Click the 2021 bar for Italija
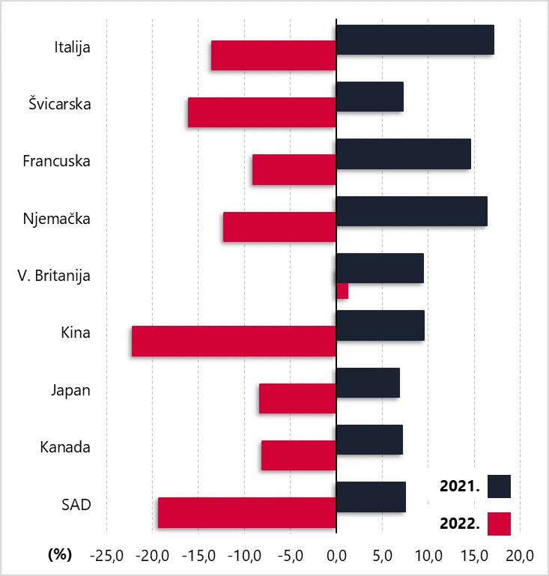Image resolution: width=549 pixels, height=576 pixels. [415, 40]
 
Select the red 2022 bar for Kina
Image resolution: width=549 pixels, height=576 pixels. [234, 342]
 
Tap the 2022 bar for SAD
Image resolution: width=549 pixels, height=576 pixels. [247, 512]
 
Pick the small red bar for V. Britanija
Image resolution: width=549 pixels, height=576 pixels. [342, 291]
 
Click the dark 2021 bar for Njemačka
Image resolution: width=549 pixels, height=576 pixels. [412, 211]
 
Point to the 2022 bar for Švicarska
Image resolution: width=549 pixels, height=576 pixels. [262, 112]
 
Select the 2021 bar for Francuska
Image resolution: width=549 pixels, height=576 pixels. [404, 154]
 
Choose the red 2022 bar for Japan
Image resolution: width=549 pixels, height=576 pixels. [297, 398]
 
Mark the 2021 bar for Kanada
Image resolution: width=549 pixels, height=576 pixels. [369, 440]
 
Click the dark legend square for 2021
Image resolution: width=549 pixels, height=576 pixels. [499, 486]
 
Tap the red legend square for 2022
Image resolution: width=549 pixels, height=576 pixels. [499, 524]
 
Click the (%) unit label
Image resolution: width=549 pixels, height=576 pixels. [59, 554]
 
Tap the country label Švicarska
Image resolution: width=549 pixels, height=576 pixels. [60, 104]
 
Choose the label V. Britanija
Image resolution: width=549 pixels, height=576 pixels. [54, 276]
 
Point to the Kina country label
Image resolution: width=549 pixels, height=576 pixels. [76, 333]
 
